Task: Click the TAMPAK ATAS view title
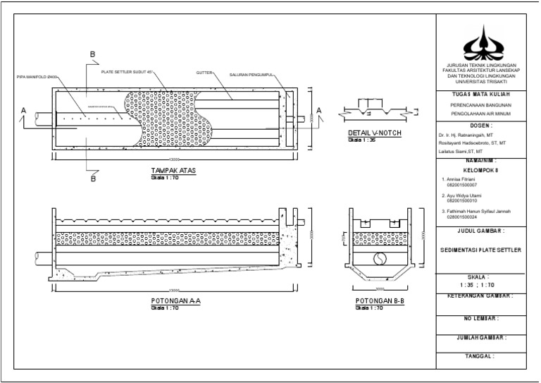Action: click(173, 171)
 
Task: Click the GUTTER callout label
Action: click(204, 71)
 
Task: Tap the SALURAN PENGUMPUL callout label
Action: click(250, 71)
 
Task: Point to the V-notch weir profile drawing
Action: click(374, 111)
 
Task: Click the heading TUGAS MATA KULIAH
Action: click(483, 94)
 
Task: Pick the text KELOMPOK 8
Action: click(483, 170)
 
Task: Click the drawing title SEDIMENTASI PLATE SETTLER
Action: click(483, 249)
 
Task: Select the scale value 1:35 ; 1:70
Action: click(483, 285)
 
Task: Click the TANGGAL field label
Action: click(483, 356)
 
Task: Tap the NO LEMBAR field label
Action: click(483, 319)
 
